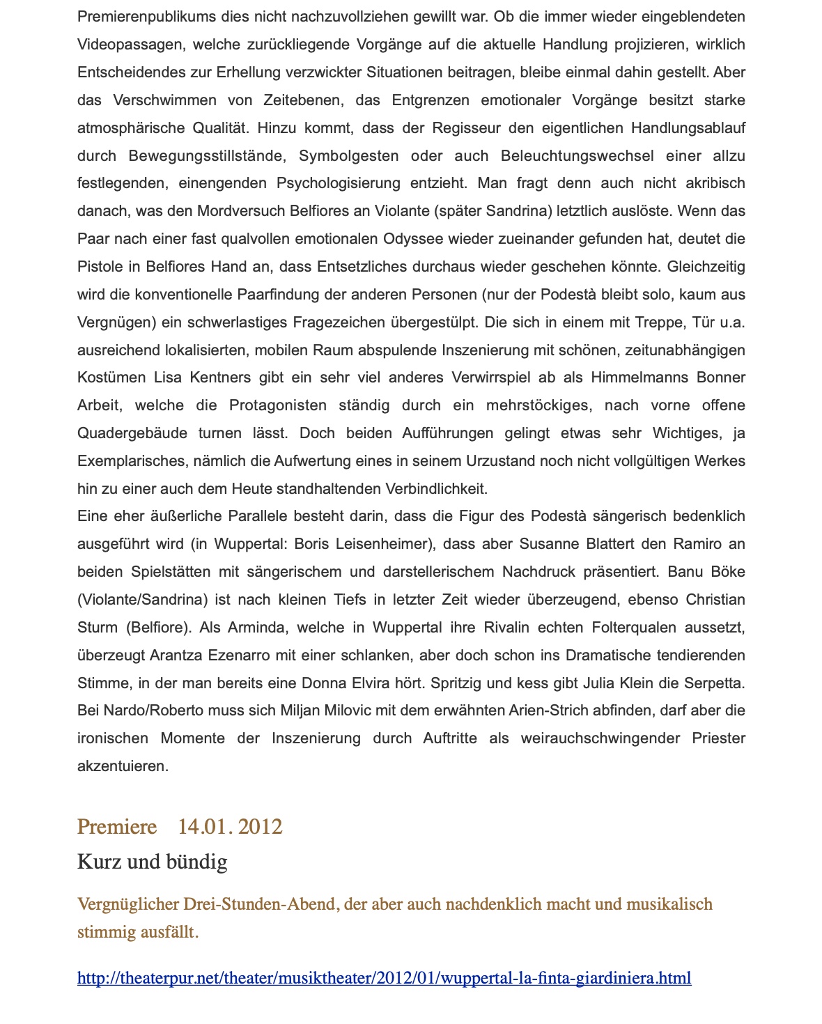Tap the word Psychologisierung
[x=339, y=183]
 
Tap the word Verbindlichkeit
[x=429, y=489]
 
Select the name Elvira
[x=382, y=683]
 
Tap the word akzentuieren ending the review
[x=122, y=767]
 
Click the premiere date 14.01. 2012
[x=230, y=827]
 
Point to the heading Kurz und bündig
[x=152, y=862]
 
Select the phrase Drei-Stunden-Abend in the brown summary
[x=261, y=904]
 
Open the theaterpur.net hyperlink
[x=384, y=978]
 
